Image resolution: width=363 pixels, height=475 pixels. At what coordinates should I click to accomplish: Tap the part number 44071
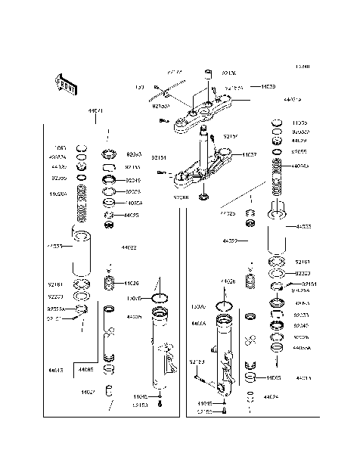click(96, 110)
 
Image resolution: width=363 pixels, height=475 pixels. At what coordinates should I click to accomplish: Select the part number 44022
click(129, 247)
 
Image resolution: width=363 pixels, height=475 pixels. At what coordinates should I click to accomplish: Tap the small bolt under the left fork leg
click(160, 405)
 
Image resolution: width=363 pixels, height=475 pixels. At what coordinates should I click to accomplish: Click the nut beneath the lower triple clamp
click(203, 198)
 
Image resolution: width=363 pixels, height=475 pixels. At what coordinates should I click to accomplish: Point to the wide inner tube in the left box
click(82, 257)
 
